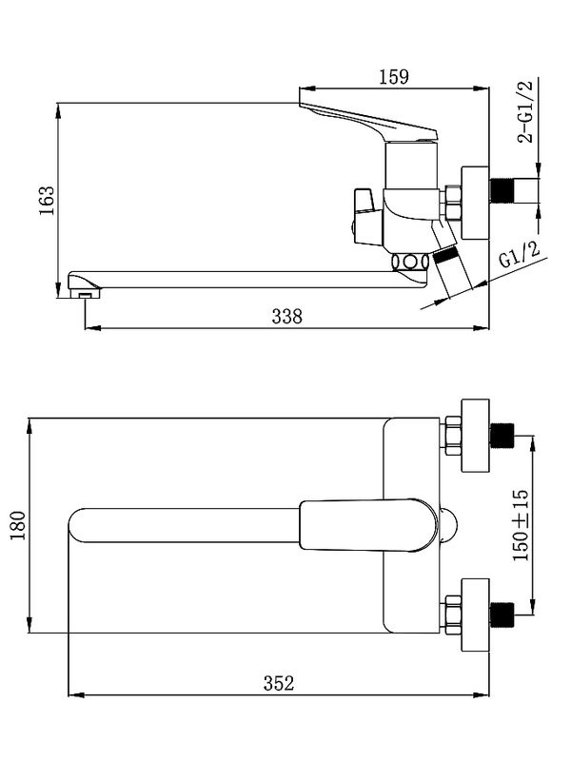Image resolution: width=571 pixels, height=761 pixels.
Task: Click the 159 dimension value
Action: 394,77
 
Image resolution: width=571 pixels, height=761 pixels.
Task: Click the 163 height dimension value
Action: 47,201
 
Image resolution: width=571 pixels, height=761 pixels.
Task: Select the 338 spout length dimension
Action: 287,317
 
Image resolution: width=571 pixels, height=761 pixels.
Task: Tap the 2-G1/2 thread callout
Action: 525,111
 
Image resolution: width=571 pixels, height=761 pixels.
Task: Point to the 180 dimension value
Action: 18,525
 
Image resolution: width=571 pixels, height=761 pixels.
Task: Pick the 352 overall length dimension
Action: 279,683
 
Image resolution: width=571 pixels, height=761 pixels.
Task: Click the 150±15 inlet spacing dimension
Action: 521,525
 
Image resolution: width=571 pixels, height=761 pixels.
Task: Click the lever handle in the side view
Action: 369,122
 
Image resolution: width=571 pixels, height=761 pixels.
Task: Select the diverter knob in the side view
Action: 367,217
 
